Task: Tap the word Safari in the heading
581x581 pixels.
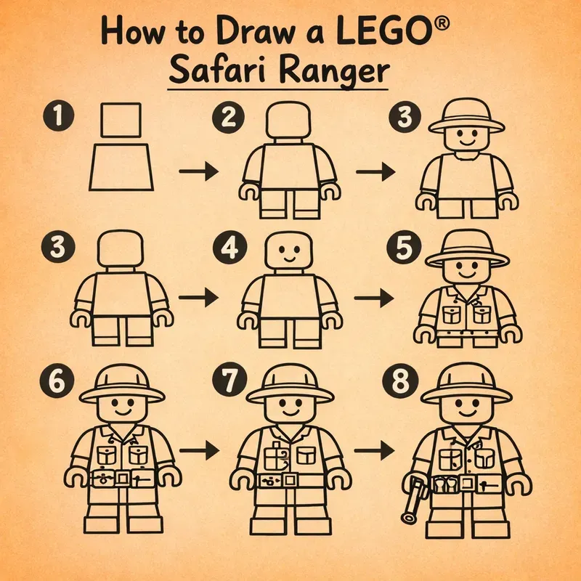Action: click(x=216, y=73)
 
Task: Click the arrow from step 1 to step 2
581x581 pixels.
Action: click(x=198, y=171)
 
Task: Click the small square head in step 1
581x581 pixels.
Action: click(x=121, y=120)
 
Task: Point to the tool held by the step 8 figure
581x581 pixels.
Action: click(x=413, y=499)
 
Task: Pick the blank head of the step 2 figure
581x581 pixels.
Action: click(x=289, y=121)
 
